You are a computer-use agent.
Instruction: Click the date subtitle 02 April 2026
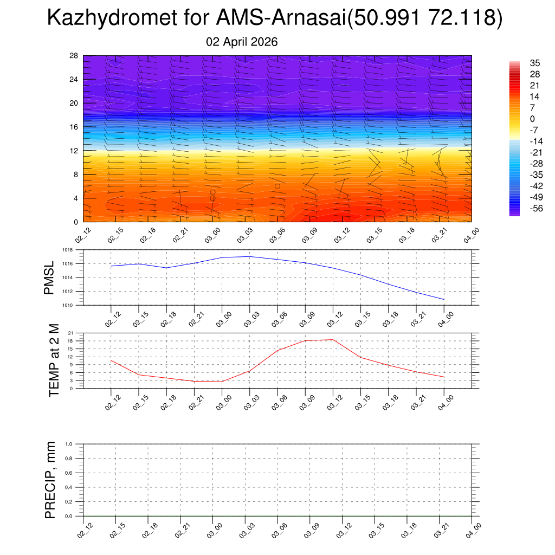[242, 42]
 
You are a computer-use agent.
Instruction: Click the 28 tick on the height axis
[74, 55]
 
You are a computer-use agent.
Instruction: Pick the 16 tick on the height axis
[74, 127]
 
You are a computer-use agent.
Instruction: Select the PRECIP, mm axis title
[50, 480]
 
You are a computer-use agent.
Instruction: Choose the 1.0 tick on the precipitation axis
[69, 443]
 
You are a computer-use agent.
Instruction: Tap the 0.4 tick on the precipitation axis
[69, 487]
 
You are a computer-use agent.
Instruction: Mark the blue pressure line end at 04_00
[444, 299]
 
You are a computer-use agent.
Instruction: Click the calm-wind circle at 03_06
[277, 186]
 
